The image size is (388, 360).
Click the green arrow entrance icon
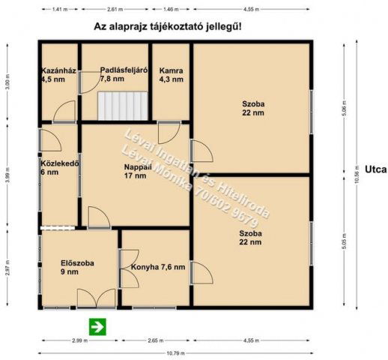97,325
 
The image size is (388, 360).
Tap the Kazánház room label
55,77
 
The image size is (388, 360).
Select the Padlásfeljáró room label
123,73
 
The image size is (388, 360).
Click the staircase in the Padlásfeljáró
124,106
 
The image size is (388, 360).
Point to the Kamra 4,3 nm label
170,77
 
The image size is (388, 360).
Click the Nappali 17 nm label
136,171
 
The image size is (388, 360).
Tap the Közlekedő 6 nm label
59,168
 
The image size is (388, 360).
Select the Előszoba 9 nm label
76,268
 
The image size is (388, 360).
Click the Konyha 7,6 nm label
157,267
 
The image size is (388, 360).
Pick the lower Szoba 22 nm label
251,237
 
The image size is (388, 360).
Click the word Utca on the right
375,169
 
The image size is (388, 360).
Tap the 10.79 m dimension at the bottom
176,352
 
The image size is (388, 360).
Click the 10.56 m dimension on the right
357,176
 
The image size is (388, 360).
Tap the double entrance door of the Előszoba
96,298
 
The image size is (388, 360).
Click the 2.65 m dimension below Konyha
157,340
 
